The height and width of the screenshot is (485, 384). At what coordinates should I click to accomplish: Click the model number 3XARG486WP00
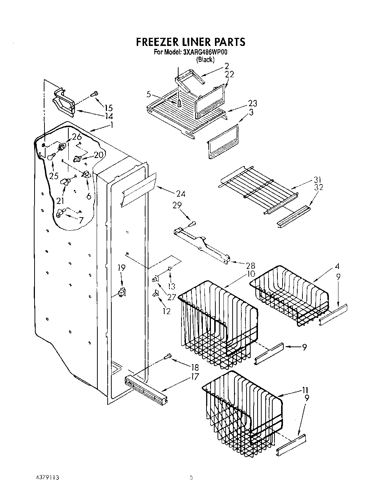(205, 53)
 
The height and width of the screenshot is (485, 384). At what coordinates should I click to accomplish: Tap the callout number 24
(180, 194)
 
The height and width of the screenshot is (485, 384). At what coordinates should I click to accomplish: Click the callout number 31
(318, 180)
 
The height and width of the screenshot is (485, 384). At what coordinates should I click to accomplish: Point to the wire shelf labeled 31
(257, 189)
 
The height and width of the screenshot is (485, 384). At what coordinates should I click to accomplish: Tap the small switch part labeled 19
(121, 292)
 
